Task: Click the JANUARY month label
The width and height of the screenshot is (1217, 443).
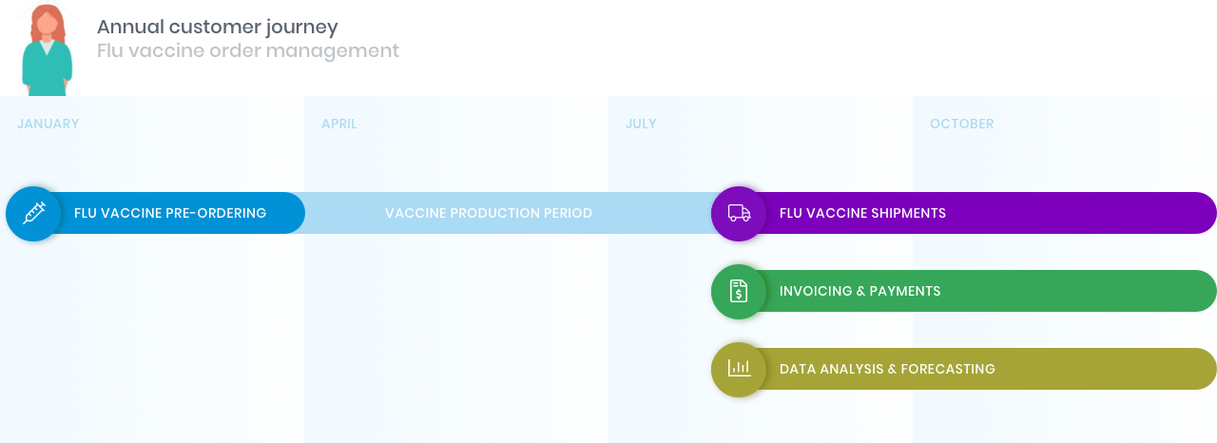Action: coord(48,124)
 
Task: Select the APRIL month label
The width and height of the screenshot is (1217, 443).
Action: coord(339,124)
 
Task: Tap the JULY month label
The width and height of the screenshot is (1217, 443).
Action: coord(641,124)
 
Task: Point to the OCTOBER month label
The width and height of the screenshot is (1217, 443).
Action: coord(961,124)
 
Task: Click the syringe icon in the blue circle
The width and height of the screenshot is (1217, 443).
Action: coord(33,213)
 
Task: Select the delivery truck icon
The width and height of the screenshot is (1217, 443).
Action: coord(739,213)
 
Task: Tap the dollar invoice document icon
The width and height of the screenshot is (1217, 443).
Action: coord(739,291)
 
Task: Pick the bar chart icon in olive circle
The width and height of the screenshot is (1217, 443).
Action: coord(739,368)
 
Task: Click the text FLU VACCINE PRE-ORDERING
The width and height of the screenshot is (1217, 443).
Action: coord(170,213)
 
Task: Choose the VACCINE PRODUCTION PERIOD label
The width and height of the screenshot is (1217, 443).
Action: coord(489,213)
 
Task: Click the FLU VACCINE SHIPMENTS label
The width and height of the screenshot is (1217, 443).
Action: coord(862,213)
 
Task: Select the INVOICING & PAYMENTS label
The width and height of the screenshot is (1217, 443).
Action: coord(860,291)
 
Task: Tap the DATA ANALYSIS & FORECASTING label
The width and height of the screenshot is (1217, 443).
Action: coord(887,369)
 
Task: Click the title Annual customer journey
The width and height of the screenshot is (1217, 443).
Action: coord(218,27)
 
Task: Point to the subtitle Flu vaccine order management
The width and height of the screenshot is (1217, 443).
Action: coord(248,50)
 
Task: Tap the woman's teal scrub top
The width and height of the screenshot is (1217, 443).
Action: coord(47,68)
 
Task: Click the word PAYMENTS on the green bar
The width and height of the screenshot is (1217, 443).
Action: coord(905,291)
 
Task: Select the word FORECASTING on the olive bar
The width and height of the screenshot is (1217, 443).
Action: coord(948,369)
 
